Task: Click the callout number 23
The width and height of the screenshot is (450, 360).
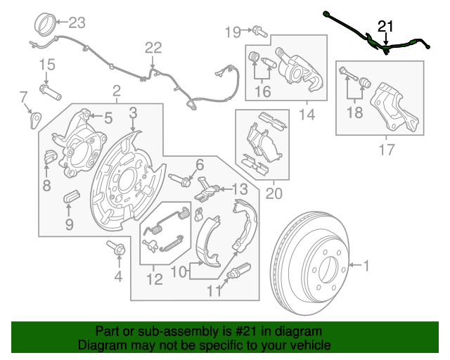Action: tap(76, 22)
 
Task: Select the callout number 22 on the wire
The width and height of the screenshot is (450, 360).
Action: tap(153, 48)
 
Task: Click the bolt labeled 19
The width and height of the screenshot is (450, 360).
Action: tap(259, 30)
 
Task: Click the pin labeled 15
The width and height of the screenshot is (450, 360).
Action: tap(51, 91)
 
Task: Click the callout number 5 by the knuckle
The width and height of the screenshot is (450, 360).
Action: tap(108, 117)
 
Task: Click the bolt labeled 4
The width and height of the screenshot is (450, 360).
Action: tap(117, 248)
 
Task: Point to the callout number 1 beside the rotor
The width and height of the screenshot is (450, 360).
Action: tap(365, 265)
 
